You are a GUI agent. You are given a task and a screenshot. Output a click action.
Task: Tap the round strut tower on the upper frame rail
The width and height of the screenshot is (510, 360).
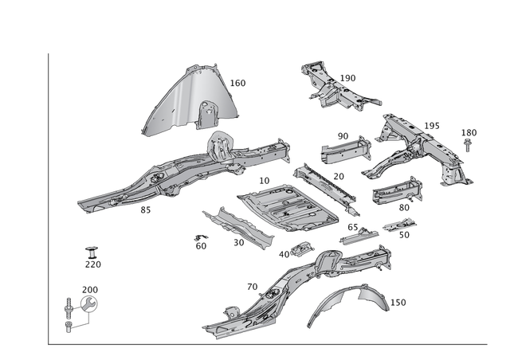[218, 146]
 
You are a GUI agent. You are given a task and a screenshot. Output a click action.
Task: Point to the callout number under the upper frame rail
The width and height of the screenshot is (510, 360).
[144, 210]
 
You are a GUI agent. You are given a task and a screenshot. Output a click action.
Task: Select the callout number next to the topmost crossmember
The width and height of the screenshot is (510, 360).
[349, 77]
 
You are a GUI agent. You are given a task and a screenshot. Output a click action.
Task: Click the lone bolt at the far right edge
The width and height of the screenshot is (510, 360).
[469, 145]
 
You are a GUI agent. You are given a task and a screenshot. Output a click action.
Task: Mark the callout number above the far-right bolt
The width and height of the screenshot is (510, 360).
[469, 131]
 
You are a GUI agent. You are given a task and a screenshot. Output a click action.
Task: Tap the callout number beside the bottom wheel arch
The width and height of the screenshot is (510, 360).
[400, 301]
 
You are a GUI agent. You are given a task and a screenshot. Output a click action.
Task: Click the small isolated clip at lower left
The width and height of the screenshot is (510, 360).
[91, 249]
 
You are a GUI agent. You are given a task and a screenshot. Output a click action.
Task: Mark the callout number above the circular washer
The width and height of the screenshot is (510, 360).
[90, 288]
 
